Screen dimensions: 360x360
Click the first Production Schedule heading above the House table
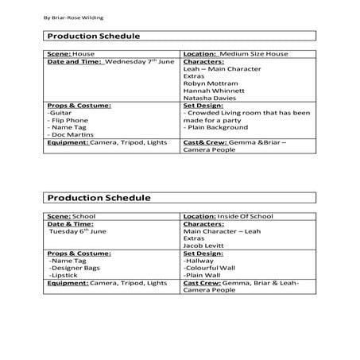click(94, 36)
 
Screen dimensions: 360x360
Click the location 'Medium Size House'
click(254, 53)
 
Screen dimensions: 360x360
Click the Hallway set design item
click(201, 260)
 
